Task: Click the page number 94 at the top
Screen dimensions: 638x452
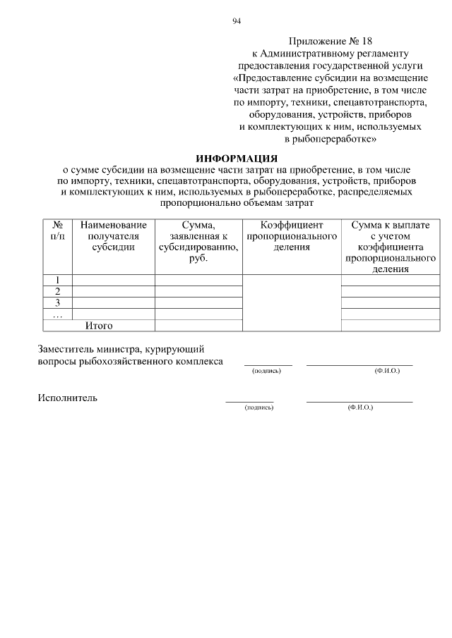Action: [237, 21]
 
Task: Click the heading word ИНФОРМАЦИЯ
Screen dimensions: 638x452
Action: [237, 159]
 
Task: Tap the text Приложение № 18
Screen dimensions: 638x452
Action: [331, 42]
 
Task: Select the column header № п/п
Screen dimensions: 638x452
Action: [58, 231]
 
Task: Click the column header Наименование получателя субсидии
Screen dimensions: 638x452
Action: [114, 236]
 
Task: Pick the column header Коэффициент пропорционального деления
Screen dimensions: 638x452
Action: [292, 236]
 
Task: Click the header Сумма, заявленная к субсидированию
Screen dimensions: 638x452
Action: [198, 241]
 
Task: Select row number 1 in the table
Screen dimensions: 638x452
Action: [58, 280]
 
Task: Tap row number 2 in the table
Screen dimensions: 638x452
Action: [58, 291]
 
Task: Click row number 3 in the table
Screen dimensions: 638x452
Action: [58, 302]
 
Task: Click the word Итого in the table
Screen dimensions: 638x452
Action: [99, 326]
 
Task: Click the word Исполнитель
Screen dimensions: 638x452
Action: [68, 398]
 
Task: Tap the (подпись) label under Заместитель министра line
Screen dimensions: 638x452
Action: [266, 371]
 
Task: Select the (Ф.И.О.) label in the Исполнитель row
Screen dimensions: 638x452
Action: [359, 408]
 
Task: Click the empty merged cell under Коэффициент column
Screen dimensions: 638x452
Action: [292, 302]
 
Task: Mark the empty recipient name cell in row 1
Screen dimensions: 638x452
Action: [114, 280]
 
